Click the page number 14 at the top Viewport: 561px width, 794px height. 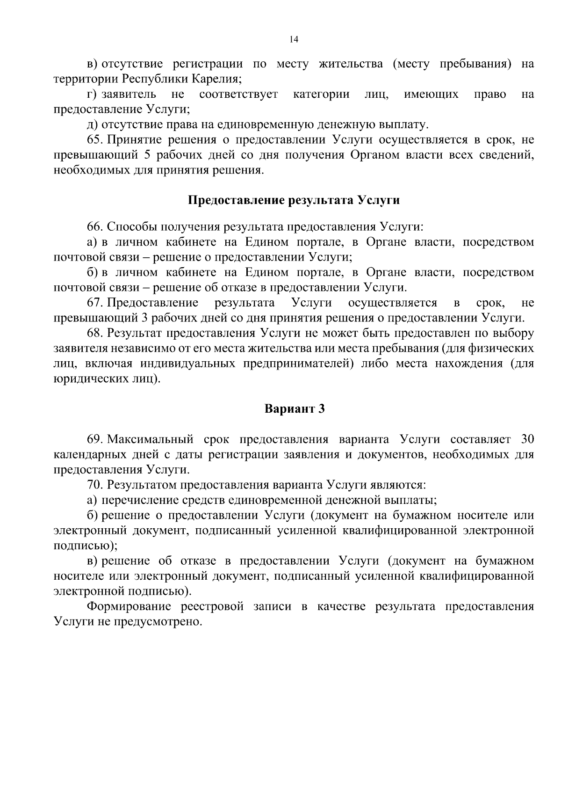294,40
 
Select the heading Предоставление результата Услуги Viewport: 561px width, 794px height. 294,200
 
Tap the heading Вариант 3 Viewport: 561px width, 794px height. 295,409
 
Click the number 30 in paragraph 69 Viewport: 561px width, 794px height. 527,440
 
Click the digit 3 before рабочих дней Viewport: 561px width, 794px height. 144,318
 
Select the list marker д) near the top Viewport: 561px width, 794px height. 92,125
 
